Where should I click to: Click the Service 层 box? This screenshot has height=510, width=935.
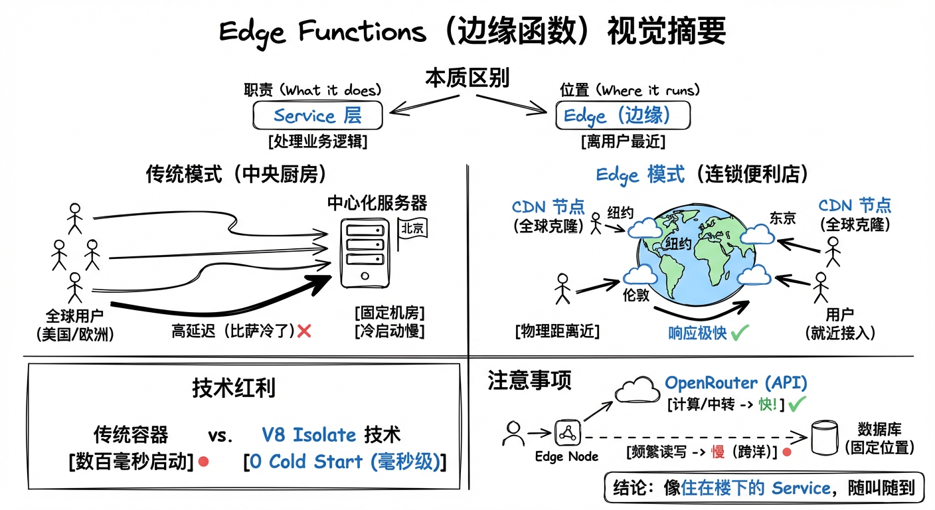click(317, 116)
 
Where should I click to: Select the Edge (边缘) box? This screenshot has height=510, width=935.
click(622, 116)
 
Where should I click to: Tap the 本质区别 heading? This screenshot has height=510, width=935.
click(467, 78)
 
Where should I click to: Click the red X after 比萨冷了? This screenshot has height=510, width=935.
click(305, 331)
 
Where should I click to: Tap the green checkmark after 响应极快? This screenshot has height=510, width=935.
click(740, 332)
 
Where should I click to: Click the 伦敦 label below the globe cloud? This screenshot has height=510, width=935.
click(636, 294)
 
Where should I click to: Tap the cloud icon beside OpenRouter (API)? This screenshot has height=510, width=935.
click(637, 391)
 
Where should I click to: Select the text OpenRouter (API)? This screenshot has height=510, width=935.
click(736, 382)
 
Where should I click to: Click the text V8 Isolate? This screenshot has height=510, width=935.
click(309, 435)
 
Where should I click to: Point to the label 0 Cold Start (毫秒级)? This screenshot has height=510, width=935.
click(345, 462)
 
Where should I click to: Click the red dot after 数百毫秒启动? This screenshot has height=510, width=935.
click(204, 461)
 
